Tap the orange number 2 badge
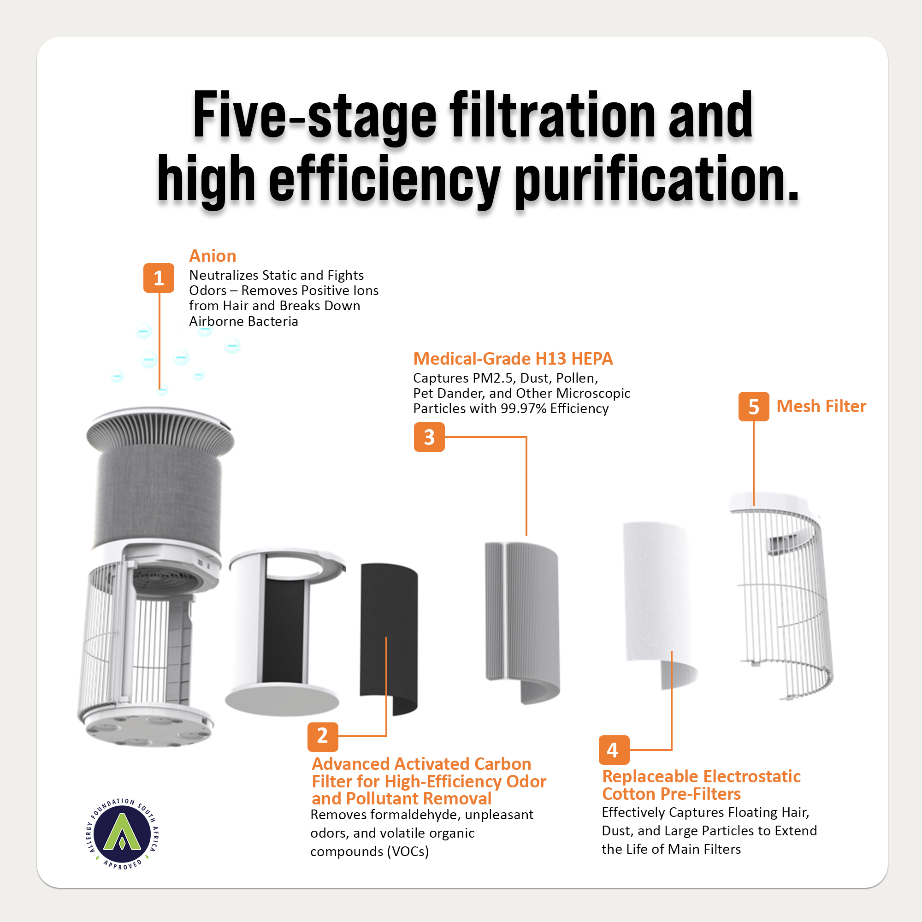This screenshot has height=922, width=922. pos(323,736)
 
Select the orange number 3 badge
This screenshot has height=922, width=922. pos(429,437)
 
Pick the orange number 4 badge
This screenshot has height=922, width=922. pos(614,750)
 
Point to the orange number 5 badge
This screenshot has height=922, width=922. pos(754,407)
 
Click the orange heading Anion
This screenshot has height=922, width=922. pos(213,256)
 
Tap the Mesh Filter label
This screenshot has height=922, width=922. pos(822,406)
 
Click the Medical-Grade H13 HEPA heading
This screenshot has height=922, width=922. pos(513,358)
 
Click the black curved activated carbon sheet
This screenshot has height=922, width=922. pos(389,639)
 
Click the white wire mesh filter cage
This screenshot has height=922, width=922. pos(783,597)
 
